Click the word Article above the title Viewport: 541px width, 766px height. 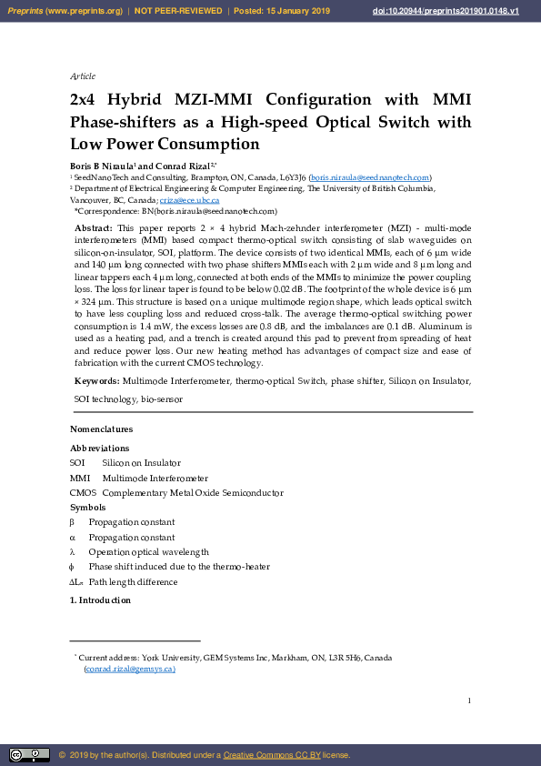point(83,76)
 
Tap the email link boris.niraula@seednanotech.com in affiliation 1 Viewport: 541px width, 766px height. point(370,177)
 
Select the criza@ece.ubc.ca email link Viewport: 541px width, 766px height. point(189,200)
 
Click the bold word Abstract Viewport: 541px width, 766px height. point(93,227)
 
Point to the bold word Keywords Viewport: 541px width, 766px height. point(96,382)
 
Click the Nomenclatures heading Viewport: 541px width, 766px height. point(102,429)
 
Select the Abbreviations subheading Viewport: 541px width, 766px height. point(99,449)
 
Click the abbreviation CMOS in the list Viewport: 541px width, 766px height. point(83,493)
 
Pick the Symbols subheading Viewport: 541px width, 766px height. point(87,508)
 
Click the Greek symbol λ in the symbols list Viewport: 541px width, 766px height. point(73,552)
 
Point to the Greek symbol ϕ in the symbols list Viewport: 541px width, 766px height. point(73,567)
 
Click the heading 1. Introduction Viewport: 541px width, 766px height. point(100,600)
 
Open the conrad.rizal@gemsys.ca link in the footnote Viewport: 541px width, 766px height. point(129,669)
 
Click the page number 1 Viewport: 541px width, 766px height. point(469,700)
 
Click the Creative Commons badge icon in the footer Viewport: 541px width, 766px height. point(29,755)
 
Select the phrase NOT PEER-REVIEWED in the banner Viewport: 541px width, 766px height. point(178,11)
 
